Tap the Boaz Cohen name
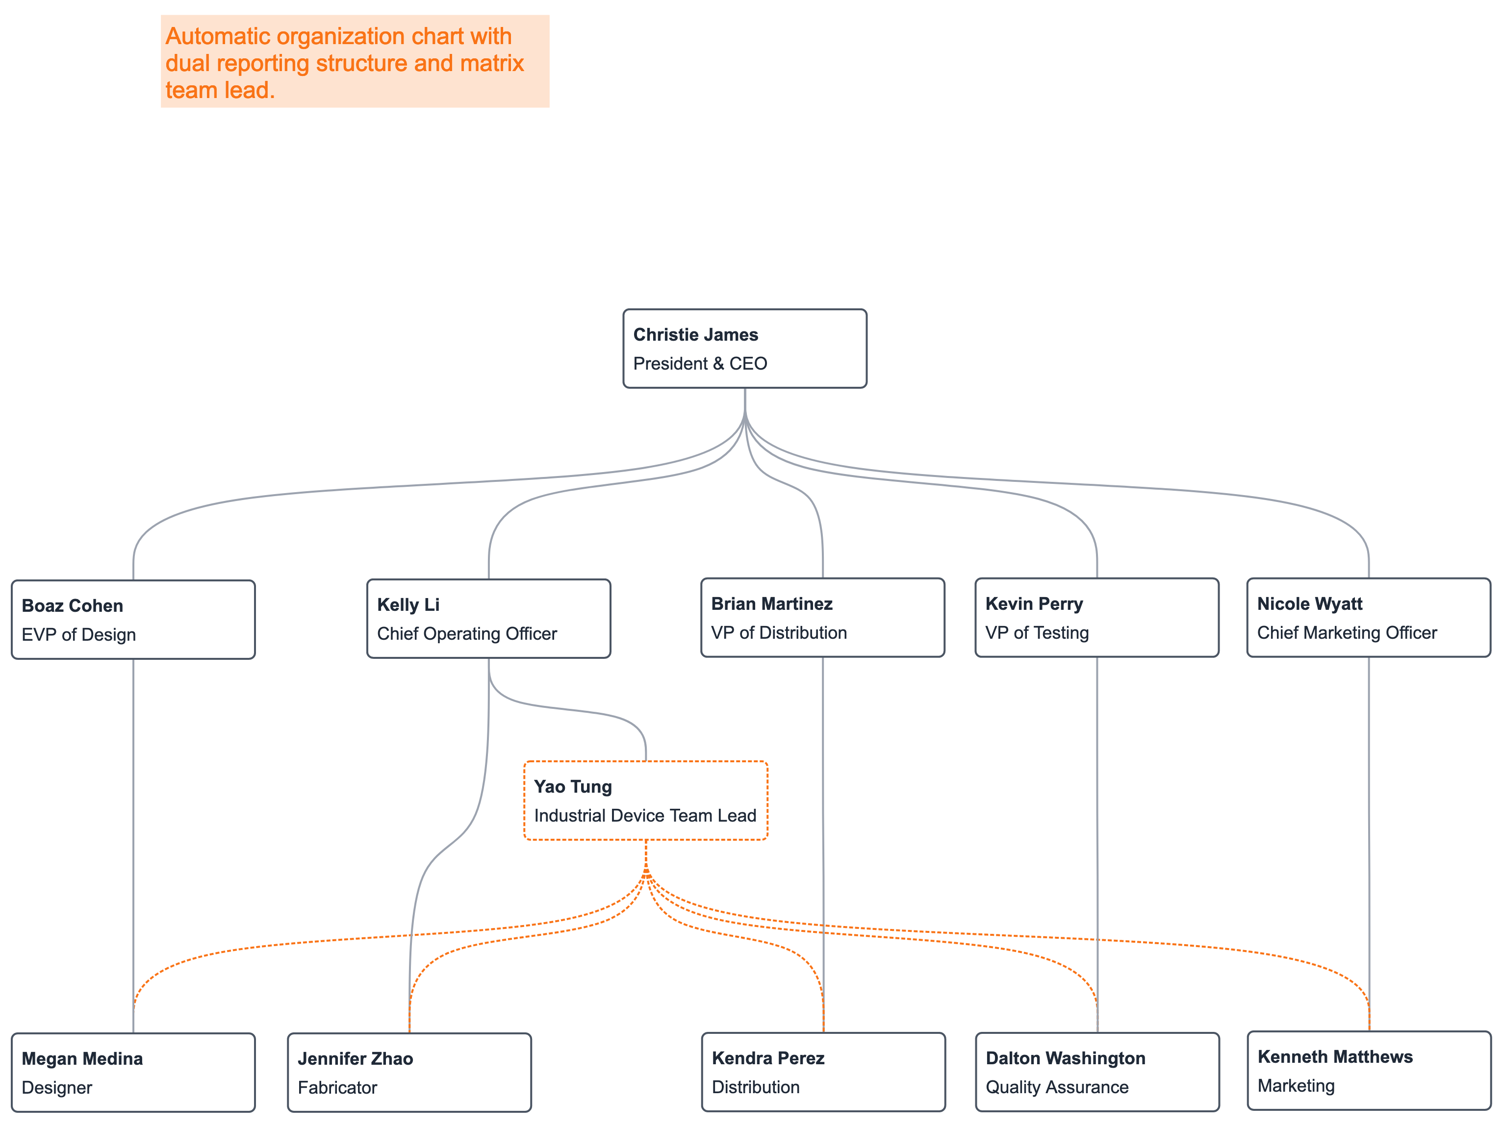pyautogui.click(x=72, y=606)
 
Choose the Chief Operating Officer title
pyautogui.click(x=467, y=634)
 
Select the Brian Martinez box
pyautogui.click(x=822, y=618)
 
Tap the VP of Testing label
pyautogui.click(x=1037, y=633)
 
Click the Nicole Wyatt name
pyautogui.click(x=1309, y=604)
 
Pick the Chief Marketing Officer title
pyautogui.click(x=1347, y=633)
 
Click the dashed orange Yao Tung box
pyautogui.click(x=645, y=800)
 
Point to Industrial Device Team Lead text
pyautogui.click(x=645, y=816)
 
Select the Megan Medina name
pyautogui.click(x=82, y=1059)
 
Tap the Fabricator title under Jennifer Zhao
pyautogui.click(x=337, y=1088)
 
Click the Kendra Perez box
pyautogui.click(x=823, y=1072)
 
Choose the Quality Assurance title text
pyautogui.click(x=1057, y=1088)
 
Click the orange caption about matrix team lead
pyautogui.click(x=345, y=62)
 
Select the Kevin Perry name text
pyautogui.click(x=1034, y=604)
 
